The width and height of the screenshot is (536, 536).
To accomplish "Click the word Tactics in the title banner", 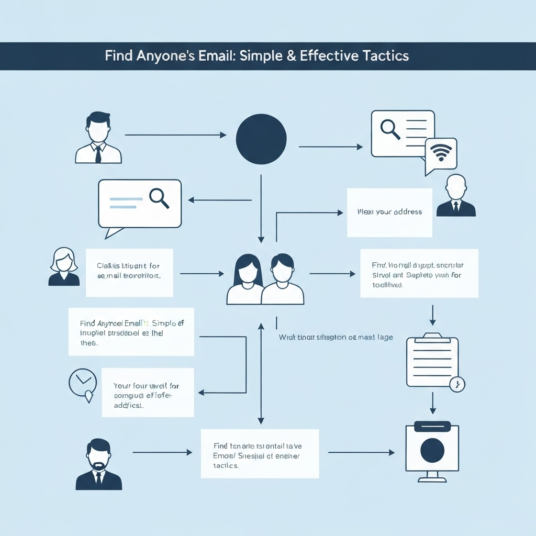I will pyautogui.click(x=381, y=56).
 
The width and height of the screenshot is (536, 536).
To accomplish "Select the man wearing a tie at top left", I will pyautogui.click(x=98, y=138).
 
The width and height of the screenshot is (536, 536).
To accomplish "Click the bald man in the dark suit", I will pyautogui.click(x=456, y=196).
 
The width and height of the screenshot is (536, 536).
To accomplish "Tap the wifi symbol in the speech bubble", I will pyautogui.click(x=441, y=153).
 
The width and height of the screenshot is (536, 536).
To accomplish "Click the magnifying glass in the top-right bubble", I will pyautogui.click(x=390, y=128).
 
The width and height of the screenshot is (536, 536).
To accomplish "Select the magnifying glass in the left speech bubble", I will pyautogui.click(x=159, y=198).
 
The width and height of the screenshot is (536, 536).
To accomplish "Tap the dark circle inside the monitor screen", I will pyautogui.click(x=432, y=451).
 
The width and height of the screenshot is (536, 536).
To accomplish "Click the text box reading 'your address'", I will pyautogui.click(x=389, y=213).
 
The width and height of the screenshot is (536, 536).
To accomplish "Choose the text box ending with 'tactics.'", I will pyautogui.click(x=260, y=453).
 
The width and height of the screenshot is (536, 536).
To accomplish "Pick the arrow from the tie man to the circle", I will pyautogui.click(x=175, y=135).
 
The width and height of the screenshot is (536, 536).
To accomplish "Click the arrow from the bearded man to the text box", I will pyautogui.click(x=162, y=452).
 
